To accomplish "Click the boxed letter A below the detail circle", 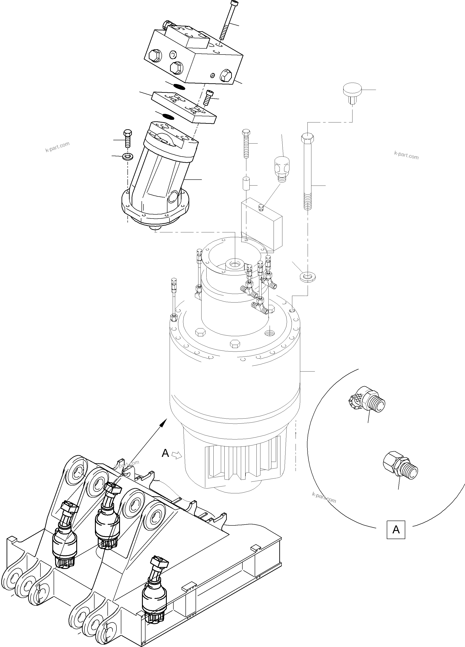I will pyautogui.click(x=396, y=530).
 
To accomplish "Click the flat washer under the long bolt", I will pyautogui.click(x=307, y=276).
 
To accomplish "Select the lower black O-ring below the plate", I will pyautogui.click(x=168, y=116).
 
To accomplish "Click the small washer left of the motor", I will pyautogui.click(x=126, y=156).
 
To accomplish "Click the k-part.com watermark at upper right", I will pyautogui.click(x=406, y=155).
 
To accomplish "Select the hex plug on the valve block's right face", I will pyautogui.click(x=227, y=75).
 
